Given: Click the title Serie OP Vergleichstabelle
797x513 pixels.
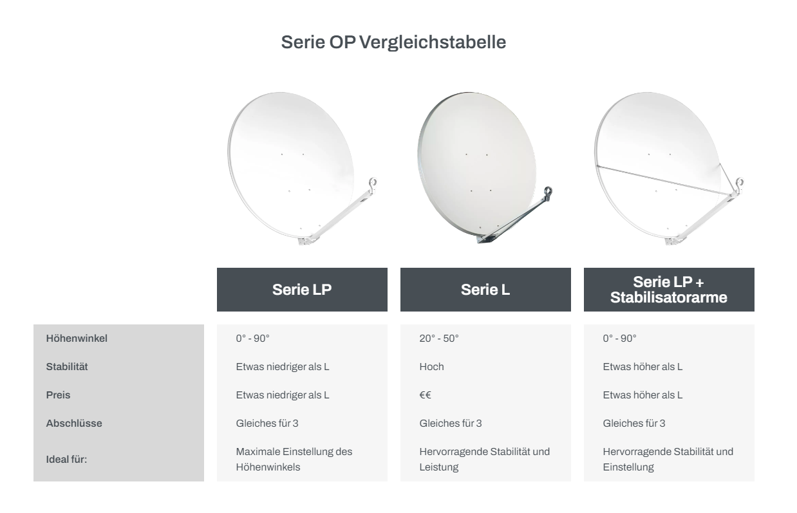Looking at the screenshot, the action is pos(393,42).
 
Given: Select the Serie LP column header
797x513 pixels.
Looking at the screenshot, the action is pos(302,290).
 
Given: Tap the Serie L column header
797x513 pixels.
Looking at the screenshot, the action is pos(485,290).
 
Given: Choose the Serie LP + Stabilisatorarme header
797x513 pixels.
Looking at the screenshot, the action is pos(669,290).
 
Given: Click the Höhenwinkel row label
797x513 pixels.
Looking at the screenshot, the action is pos(77,339).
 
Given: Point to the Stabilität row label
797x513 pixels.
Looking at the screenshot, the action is pos(67,367).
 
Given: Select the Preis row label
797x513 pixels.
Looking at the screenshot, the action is pos(58,395).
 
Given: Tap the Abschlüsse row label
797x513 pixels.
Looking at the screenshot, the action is pos(74,424).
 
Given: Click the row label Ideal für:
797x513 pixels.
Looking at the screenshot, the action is pos(66,460).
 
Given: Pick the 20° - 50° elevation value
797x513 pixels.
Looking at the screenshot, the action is pos(439,339).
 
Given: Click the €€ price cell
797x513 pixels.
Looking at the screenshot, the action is pos(425,395).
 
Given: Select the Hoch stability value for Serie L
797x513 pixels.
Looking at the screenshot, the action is pos(431,367).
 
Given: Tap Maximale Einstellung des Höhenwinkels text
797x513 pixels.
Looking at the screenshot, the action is pos(294,460).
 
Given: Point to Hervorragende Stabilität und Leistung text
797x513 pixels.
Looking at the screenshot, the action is pos(485,460).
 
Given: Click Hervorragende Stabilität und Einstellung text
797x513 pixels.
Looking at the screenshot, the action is pos(668,460).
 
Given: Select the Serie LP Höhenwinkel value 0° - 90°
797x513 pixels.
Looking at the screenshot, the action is pos(252,339).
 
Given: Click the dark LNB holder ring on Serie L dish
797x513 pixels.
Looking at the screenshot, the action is pos(548,191).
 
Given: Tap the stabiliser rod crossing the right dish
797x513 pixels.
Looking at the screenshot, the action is pos(664,180).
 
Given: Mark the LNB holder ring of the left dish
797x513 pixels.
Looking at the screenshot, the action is pos(373,183).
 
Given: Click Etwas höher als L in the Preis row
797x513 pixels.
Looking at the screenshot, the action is pos(642,395).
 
